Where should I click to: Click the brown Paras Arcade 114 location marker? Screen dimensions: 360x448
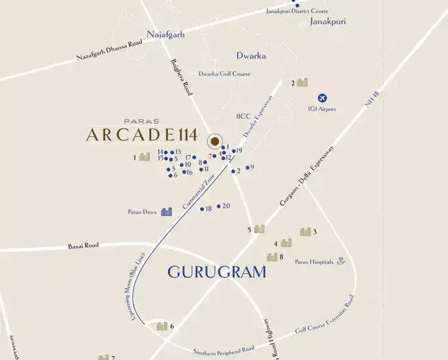coord(214,141)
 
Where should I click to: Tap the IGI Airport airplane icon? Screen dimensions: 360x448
coord(321,98)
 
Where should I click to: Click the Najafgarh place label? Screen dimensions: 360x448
coord(166,34)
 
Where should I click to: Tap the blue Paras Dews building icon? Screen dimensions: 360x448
coord(167,211)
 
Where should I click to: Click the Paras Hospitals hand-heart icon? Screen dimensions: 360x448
coord(340,262)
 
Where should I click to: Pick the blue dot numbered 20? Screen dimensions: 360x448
coord(218,206)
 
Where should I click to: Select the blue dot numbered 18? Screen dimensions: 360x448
coord(202,209)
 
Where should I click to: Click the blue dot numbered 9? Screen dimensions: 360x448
coord(247,168)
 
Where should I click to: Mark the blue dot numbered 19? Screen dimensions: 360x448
coord(233,151)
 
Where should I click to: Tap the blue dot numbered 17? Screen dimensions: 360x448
coord(194,158)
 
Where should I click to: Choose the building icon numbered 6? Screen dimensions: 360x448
coord(162,326)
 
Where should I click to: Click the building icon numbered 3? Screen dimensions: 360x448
coord(305,231)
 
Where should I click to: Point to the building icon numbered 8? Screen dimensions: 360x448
coord(271,257)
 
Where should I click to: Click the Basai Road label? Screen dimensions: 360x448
coord(83,245)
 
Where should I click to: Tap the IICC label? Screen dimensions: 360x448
coord(243,117)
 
